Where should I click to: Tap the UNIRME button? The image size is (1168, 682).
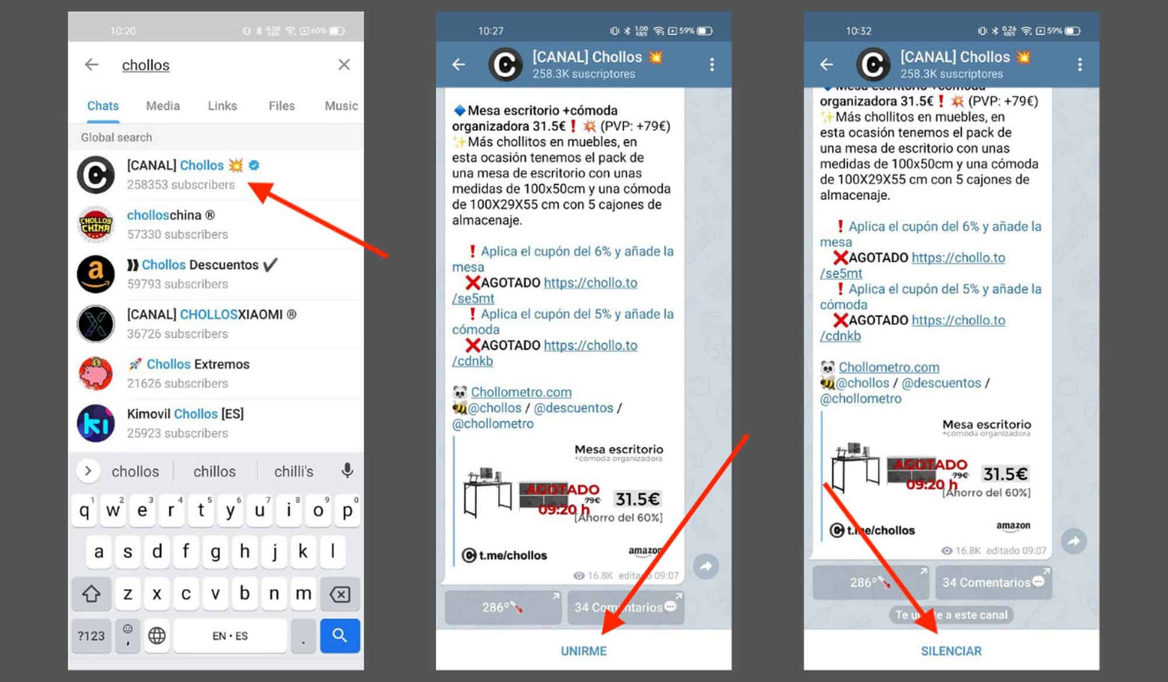coord(583,650)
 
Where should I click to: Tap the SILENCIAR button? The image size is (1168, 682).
coord(951,650)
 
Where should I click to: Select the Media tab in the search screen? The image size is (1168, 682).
coord(162,106)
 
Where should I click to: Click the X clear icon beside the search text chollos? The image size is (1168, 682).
coord(344,64)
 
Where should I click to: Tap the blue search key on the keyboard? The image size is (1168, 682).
coord(339,635)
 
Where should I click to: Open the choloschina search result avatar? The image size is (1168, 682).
coord(96,224)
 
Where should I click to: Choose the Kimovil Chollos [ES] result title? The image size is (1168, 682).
coord(185,414)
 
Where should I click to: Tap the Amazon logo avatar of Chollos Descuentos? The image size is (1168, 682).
coord(96,274)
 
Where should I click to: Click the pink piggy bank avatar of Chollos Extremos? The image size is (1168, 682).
coord(96,373)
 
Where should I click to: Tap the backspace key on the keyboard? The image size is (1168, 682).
coord(339,594)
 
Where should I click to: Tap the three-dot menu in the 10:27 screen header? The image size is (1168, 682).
coord(711,64)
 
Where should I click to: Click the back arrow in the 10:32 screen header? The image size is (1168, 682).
coord(826,64)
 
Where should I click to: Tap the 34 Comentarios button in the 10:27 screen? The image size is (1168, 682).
coord(625,607)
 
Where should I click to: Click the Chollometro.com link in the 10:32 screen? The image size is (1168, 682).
coord(889,367)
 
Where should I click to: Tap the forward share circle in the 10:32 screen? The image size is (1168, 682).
coord(1073,541)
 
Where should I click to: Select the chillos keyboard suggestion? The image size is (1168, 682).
coord(214,471)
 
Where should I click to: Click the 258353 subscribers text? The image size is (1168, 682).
coord(181,185)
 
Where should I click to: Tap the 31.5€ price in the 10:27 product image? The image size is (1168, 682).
coord(637,499)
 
